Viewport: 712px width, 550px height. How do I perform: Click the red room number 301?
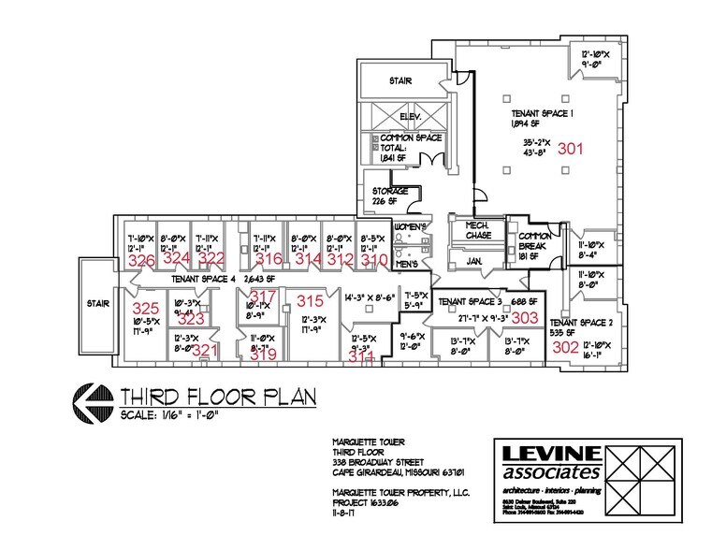570,148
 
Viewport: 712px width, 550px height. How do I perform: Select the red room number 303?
525,318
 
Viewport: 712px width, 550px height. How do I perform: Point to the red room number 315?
310,300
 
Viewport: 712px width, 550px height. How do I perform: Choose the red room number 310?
374,259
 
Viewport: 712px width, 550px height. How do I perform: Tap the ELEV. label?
408,116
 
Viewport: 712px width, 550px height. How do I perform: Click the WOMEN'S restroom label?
410,228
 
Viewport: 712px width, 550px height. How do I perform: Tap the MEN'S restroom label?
407,265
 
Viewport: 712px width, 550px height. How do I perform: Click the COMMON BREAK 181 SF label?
534,240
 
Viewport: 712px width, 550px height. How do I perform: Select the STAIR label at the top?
400,81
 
